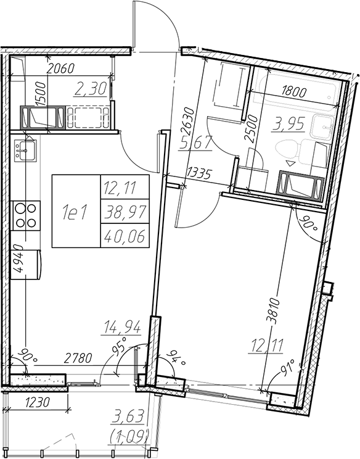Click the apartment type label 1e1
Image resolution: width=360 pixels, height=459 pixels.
75,212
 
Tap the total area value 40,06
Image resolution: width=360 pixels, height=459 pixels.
125,236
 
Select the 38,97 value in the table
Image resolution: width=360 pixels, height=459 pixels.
125,212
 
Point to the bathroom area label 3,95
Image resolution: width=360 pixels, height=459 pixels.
288,124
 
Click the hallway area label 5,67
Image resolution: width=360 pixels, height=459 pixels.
195,143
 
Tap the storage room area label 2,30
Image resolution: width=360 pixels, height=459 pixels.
90,89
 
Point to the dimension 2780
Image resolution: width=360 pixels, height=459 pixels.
78,358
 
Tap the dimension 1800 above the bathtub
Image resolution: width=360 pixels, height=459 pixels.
293,92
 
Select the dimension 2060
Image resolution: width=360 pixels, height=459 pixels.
61,68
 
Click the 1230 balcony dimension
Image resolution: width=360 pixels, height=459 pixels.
37,402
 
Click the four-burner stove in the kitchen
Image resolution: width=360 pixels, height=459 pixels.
26,215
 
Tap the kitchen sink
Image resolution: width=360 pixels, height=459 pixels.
25,151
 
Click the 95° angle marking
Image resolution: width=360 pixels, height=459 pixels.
121,345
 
